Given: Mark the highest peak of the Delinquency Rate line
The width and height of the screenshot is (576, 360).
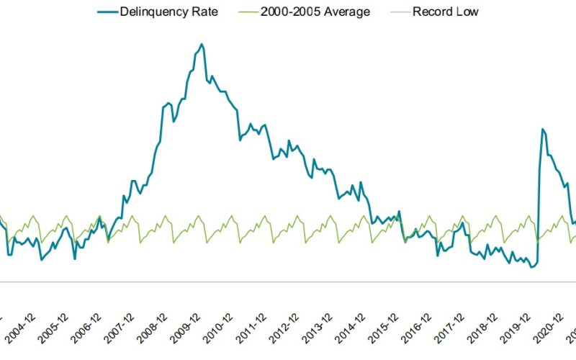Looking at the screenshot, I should tap(202, 45).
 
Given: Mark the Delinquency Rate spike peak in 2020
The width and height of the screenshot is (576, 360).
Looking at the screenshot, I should tap(542, 129).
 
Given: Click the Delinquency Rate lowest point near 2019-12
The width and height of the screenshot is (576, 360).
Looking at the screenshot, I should tap(531, 267).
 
